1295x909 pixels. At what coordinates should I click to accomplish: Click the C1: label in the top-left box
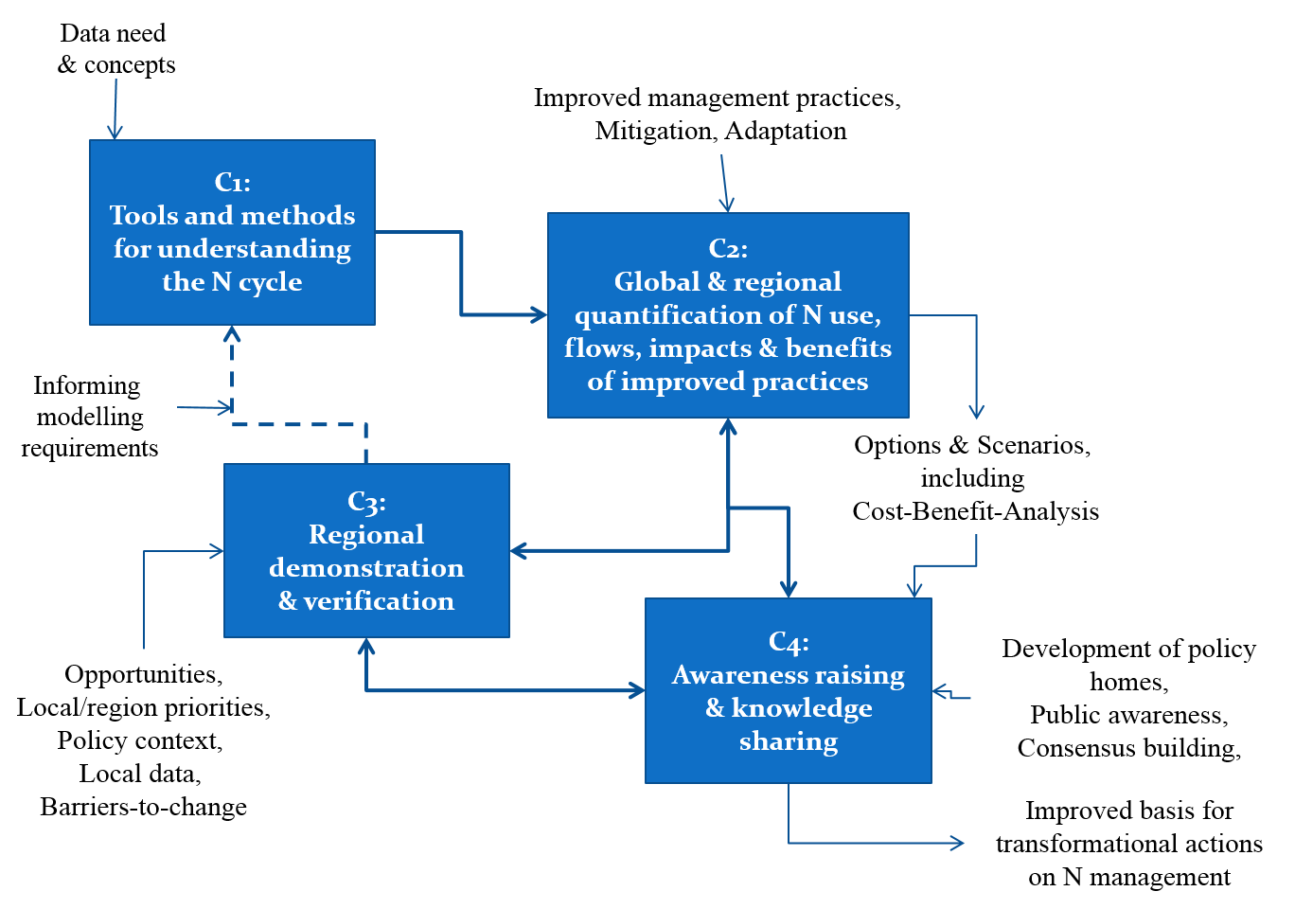[232, 182]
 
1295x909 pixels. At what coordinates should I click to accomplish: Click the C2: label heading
[728, 248]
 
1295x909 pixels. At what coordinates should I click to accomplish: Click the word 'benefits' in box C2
[838, 348]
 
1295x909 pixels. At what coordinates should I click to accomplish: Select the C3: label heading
[366, 501]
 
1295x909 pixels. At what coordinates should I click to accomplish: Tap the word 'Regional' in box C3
[366, 535]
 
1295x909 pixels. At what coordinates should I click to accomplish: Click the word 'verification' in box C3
[379, 601]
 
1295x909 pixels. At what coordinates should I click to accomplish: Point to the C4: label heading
[789, 642]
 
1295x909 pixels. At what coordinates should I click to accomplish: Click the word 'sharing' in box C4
[789, 741]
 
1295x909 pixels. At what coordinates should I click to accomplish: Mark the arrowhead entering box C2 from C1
[541, 314]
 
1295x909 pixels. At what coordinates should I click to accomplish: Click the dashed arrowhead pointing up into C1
[232, 333]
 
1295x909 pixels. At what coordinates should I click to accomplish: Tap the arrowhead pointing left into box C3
[518, 550]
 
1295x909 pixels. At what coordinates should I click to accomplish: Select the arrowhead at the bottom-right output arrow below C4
[958, 843]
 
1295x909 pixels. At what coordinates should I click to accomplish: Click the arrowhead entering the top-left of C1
[115, 133]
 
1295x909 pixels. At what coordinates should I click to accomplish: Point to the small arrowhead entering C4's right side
[940, 692]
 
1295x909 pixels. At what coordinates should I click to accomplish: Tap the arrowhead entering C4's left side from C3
[638, 690]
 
